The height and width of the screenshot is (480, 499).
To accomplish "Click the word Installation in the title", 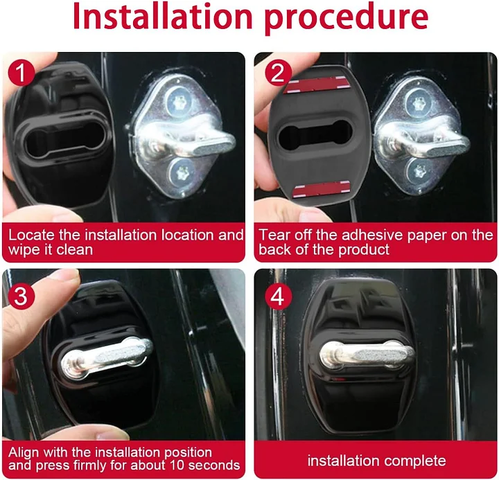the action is point(163,17).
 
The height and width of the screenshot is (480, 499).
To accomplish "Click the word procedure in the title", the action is point(346,19).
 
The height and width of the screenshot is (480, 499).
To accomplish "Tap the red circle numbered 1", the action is point(21,73).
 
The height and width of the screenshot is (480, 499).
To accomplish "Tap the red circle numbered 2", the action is point(278,73).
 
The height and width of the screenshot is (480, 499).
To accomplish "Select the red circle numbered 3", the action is point(21,296).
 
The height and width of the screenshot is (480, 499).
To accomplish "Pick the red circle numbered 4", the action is point(278,296).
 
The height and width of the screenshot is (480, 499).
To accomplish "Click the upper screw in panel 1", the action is point(177,102).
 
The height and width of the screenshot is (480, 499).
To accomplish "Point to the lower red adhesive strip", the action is point(322,189).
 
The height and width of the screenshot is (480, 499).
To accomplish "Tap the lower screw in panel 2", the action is point(418,172).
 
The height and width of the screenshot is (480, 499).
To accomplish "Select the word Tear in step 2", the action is point(274,235).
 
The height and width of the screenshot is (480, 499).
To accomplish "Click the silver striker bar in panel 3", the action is point(107,359).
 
